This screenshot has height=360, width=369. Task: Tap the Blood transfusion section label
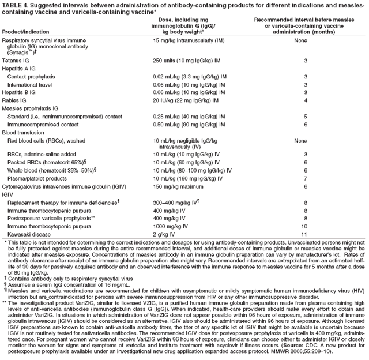click(23, 132)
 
